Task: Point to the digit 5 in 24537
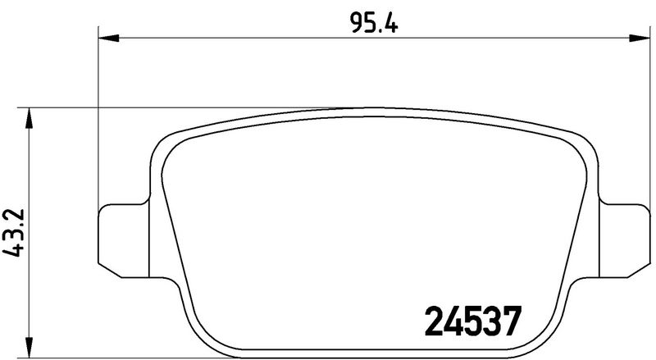[472, 322]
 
